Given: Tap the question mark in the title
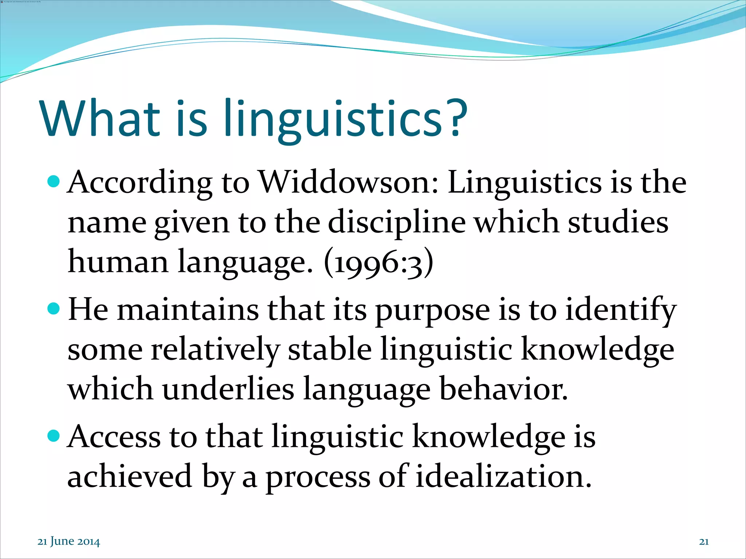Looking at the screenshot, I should (455, 117).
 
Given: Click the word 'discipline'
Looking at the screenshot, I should (397, 223).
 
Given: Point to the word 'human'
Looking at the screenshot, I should (118, 262).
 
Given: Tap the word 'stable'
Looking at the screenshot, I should (330, 349).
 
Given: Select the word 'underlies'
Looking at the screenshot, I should (228, 389).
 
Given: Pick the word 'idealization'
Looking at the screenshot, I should (503, 476).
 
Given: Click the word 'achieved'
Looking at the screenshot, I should (130, 476).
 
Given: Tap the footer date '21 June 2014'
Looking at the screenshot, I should (69, 541).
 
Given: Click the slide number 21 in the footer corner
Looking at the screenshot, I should (704, 542).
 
